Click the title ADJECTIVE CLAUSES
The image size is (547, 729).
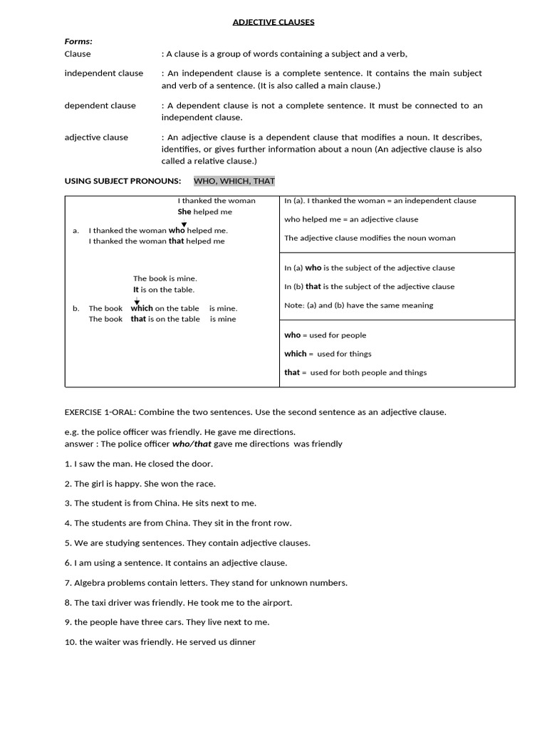(273, 22)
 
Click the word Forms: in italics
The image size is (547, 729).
(78, 41)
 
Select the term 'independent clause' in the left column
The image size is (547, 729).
(103, 73)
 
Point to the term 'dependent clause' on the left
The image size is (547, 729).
(100, 105)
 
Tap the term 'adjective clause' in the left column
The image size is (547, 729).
(96, 137)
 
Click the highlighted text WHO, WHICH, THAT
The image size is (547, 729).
(234, 181)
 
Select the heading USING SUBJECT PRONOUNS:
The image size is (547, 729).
(123, 181)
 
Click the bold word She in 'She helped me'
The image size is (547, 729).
(184, 212)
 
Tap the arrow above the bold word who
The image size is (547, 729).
(184, 224)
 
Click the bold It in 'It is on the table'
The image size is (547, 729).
(136, 290)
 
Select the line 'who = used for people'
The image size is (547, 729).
(325, 335)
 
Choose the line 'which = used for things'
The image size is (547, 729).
(328, 354)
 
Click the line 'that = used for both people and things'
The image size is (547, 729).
(355, 372)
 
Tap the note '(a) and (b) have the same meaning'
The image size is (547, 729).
(358, 305)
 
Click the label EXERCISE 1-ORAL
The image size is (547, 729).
(100, 412)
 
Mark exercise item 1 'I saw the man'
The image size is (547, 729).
(138, 463)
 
